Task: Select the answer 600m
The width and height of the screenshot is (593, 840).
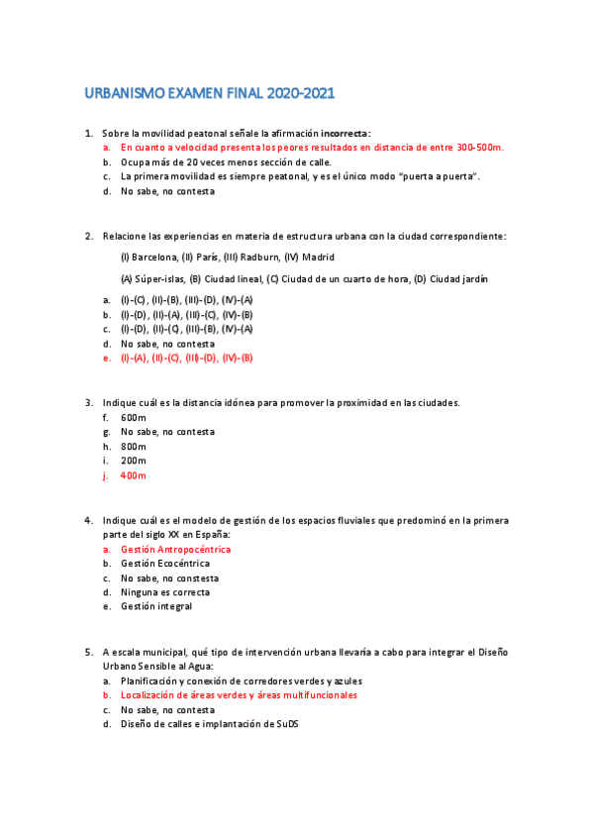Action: coord(134,418)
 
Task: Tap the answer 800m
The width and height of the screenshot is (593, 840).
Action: coord(134,447)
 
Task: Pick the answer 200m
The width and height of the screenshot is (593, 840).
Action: coord(134,461)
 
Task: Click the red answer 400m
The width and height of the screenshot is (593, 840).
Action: coord(134,475)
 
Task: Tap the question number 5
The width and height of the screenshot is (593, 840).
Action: coord(88,653)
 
